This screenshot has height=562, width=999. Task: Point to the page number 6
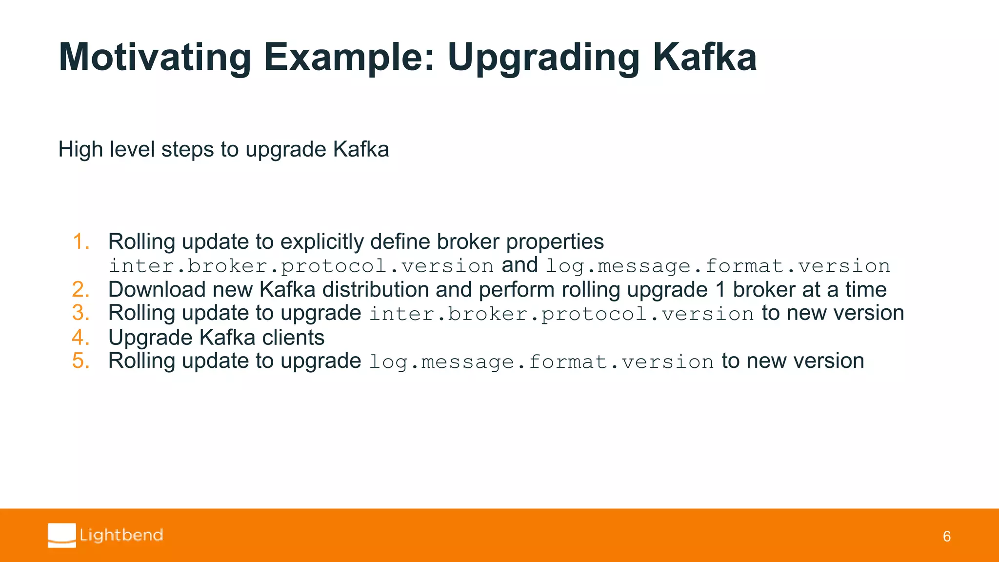946,537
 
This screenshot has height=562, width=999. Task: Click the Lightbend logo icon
62,535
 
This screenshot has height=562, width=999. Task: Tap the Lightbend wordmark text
121,535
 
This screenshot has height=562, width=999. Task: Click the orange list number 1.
81,242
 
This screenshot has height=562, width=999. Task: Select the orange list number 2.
81,290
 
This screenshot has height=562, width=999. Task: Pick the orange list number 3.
81,313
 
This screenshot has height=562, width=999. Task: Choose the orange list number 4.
81,338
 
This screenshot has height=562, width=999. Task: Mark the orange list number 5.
81,361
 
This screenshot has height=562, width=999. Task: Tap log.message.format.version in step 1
717,266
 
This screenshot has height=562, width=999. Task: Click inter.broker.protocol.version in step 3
561,314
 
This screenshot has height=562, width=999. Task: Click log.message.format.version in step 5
541,362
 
